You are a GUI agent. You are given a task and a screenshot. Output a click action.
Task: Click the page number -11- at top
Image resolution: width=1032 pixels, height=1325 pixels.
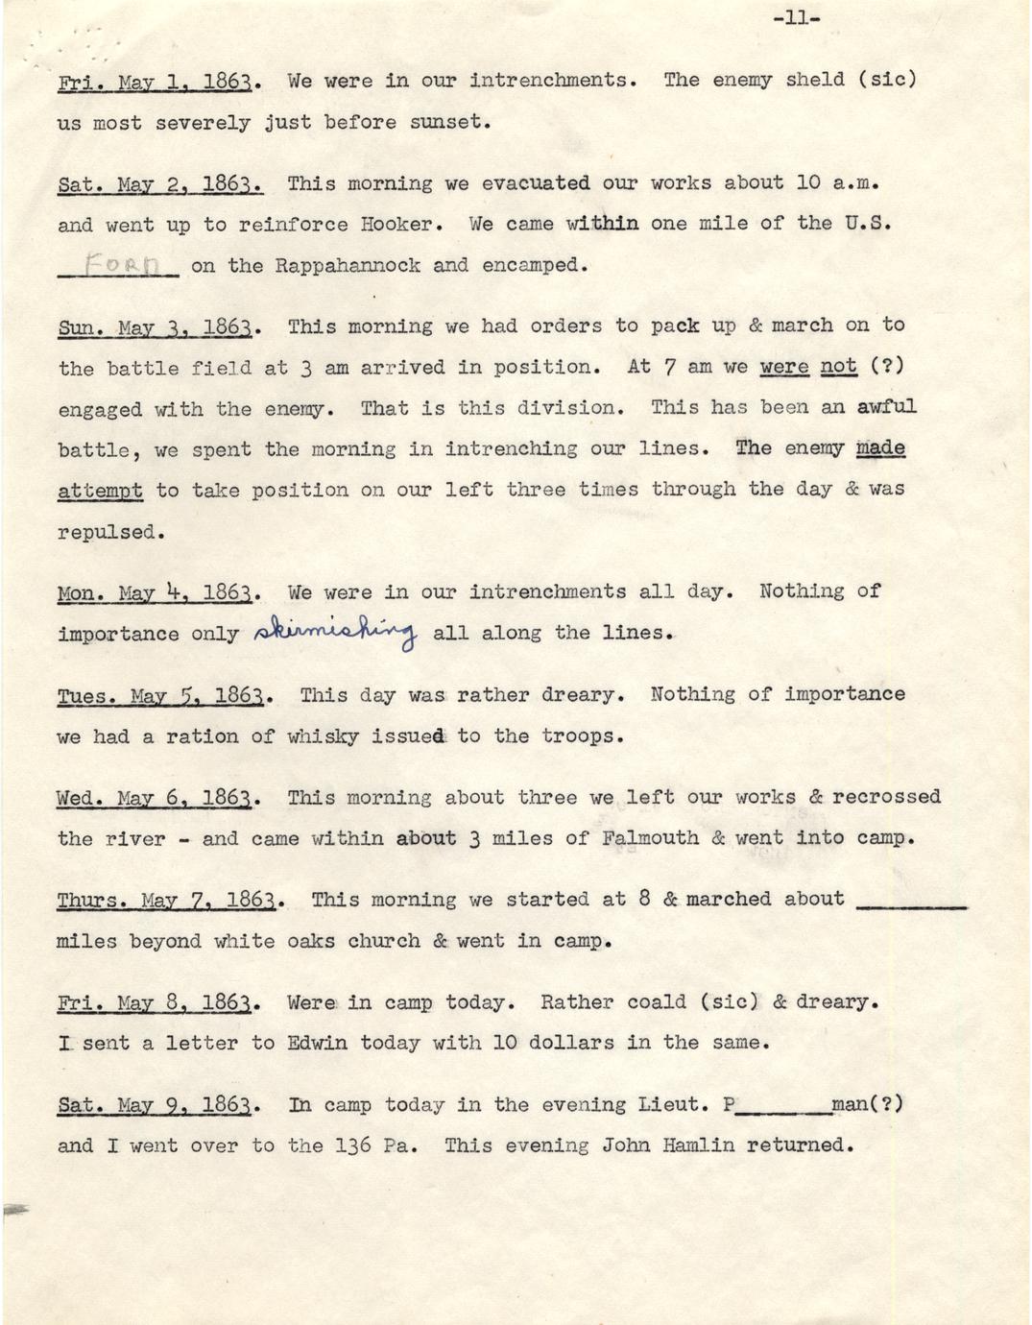pyautogui.click(x=796, y=17)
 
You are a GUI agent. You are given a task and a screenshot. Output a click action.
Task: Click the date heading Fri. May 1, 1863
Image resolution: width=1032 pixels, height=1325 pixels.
pyautogui.click(x=155, y=82)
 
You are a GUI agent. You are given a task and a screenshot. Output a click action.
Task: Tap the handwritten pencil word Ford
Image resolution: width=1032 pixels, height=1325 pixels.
pyautogui.click(x=118, y=264)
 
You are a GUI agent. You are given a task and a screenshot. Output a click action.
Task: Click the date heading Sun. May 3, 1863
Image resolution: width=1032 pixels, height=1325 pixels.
pyautogui.click(x=155, y=327)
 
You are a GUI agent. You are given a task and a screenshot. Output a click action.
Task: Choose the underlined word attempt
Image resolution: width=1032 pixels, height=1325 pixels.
pyautogui.click(x=100, y=491)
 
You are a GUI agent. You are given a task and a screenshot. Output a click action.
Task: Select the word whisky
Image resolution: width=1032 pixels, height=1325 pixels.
pyautogui.click(x=323, y=737)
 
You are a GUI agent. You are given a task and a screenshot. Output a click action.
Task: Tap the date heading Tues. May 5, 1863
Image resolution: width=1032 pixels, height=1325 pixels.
pyautogui.click(x=160, y=696)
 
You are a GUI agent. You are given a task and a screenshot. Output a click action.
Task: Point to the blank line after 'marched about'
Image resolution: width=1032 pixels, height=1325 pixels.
pyautogui.click(x=909, y=902)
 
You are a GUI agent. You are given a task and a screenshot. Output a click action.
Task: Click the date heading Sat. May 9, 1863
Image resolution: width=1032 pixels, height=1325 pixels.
pyautogui.click(x=155, y=1105)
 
